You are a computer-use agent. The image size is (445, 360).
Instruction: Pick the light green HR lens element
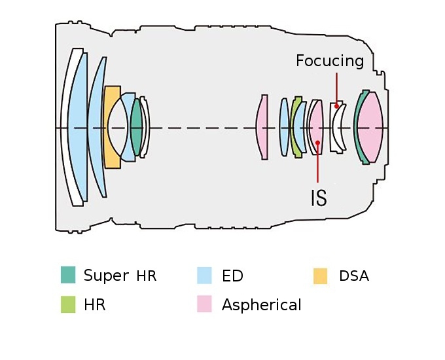pyautogui.click(x=297, y=128)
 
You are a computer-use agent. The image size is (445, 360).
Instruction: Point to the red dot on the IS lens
pyautogui.click(x=317, y=142)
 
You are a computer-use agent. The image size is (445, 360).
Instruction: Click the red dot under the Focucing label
pyautogui.click(x=337, y=105)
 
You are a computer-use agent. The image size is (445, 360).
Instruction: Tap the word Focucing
pyautogui.click(x=329, y=61)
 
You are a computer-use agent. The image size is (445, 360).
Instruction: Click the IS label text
pyautogui.click(x=318, y=197)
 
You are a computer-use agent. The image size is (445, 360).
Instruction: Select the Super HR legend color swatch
pyautogui.click(x=68, y=275)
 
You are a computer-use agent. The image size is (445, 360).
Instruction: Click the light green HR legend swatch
pyautogui.click(x=68, y=304)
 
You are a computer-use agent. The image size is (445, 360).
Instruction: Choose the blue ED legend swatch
pyautogui.click(x=205, y=275)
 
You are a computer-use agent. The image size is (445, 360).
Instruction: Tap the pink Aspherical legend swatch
pyautogui.click(x=205, y=304)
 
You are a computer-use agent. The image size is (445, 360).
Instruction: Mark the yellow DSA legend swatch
pyautogui.click(x=321, y=275)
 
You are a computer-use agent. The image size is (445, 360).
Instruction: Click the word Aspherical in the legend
pyautogui.click(x=262, y=305)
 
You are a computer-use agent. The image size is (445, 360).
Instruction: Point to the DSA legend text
pyautogui.click(x=354, y=276)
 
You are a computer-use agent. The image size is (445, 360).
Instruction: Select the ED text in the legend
pyautogui.click(x=232, y=276)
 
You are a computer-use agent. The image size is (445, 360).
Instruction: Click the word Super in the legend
pyautogui.click(x=106, y=276)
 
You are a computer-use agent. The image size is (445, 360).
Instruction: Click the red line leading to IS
pyautogui.click(x=317, y=164)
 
